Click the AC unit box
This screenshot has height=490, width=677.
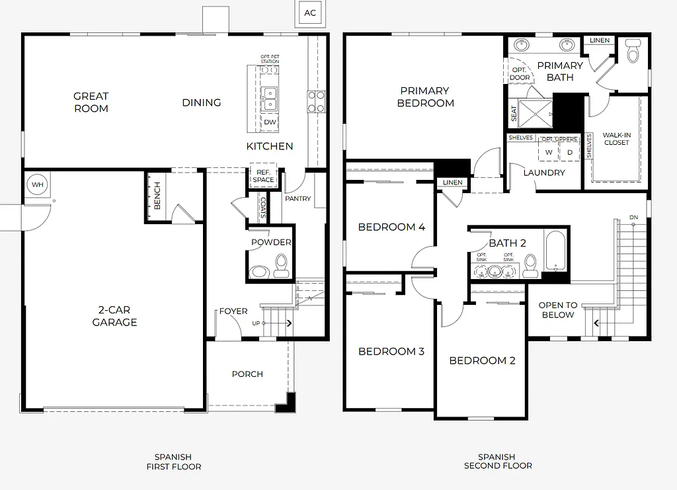[x=310, y=13]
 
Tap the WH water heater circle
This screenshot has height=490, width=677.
[x=37, y=184]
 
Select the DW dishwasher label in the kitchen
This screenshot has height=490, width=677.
[x=270, y=122]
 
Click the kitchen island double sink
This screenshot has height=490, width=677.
[x=270, y=99]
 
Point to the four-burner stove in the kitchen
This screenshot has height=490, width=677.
[x=316, y=101]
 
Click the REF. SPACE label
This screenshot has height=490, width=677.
[x=263, y=176]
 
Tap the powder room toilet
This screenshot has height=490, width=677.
[x=282, y=265]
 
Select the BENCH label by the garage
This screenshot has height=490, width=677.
[x=157, y=196]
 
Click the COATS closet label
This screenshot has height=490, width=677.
[x=263, y=208]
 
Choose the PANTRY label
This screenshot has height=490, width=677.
[x=298, y=198]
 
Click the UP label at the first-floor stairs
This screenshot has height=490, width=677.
[x=256, y=323]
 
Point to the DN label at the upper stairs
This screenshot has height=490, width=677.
[x=633, y=218]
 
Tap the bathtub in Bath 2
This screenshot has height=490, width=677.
[x=555, y=251]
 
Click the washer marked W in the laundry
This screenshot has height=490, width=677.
[x=548, y=152]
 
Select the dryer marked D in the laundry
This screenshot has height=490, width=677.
[x=570, y=152]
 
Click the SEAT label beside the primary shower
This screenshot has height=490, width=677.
[x=514, y=114]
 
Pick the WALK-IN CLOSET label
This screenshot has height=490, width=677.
[x=616, y=139]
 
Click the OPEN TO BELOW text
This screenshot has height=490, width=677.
[x=557, y=310]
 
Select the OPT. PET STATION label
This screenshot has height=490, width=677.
[x=270, y=60]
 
